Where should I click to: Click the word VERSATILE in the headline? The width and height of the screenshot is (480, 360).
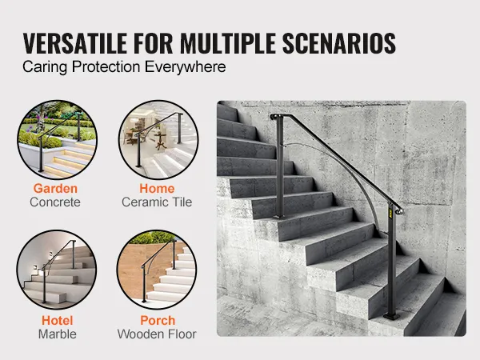tap(75, 43)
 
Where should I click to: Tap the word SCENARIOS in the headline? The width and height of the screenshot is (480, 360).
tap(339, 43)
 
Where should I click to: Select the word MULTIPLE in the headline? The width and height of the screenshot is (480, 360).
tap(228, 43)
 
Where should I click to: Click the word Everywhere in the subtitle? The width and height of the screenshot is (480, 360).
tap(186, 67)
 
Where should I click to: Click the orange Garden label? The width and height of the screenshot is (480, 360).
tap(55, 188)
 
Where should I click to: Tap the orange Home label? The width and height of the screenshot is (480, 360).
tap(157, 188)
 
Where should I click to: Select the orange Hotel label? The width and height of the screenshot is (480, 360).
tap(58, 321)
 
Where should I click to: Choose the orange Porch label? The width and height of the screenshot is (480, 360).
tap(158, 321)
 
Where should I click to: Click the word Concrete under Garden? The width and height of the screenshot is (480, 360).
tap(55, 202)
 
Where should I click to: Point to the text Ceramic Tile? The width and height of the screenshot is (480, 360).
tap(157, 202)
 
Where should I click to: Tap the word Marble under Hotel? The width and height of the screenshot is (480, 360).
tap(58, 334)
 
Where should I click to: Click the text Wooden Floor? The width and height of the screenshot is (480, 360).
tap(157, 334)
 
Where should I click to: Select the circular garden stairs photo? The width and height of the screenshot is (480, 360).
tap(58, 139)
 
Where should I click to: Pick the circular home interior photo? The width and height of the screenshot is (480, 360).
tap(158, 139)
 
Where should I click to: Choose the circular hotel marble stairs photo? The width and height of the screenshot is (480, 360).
tap(57, 270)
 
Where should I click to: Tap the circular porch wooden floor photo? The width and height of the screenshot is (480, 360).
tap(157, 270)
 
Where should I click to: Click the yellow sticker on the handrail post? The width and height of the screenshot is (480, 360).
tap(391, 213)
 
